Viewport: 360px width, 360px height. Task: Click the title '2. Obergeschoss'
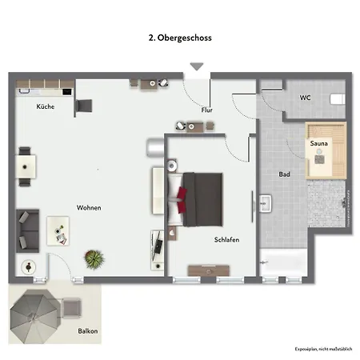coord(179,37)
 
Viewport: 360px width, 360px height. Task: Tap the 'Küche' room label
coord(45,106)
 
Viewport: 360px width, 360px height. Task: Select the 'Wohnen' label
coord(89,207)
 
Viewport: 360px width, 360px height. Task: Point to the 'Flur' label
coord(206,110)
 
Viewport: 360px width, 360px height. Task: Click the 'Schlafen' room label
coord(226,239)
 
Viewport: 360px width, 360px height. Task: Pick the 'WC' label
coord(305,98)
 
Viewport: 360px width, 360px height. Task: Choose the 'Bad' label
coord(284,174)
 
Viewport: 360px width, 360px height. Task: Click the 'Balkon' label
coord(88,330)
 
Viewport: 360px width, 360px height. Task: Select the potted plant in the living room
coord(95,258)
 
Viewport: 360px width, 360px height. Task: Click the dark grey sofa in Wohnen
coord(27,229)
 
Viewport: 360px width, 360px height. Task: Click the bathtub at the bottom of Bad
coord(283,262)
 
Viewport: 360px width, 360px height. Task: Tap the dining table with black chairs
coord(27,166)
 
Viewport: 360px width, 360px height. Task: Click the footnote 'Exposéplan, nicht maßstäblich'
coord(322,350)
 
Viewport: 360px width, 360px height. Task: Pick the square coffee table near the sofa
coord(58,230)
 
